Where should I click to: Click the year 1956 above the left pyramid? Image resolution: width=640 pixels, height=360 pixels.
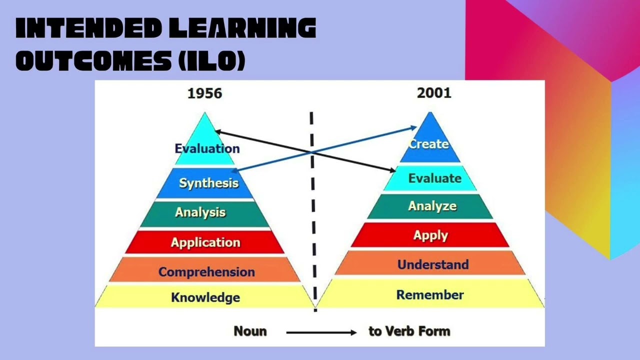pos(204,93)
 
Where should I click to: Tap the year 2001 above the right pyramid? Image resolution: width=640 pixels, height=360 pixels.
pos(434,93)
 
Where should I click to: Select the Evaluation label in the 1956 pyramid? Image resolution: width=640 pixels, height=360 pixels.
pos(207,148)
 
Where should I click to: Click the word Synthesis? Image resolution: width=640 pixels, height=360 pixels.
pos(208,183)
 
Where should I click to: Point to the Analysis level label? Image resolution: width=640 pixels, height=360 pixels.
pos(200,212)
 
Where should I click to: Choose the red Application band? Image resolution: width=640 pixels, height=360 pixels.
pos(205,242)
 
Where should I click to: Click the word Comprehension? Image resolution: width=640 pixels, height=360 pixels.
pos(206,272)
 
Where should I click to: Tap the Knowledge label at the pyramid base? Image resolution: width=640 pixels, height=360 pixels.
pos(205,297)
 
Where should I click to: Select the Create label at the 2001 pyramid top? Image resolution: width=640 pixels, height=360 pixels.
pos(429,144)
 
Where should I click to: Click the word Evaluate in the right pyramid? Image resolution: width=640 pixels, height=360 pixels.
pos(434,178)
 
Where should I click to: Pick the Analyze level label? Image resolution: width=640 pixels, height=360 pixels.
pos(432,206)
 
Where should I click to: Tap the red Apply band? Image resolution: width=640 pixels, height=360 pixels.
pos(430,235)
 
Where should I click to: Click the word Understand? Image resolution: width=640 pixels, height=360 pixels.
pos(433,264)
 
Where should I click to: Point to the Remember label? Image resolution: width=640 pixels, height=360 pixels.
pos(430,295)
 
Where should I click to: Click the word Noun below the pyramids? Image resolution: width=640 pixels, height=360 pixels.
pos(250,331)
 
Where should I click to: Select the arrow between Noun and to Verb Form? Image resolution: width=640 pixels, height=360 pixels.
pos(321,332)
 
